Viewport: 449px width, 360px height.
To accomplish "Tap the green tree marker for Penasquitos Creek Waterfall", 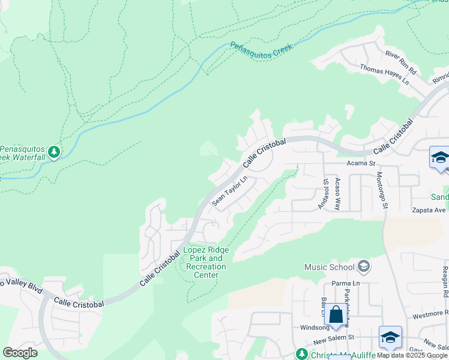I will (54, 152).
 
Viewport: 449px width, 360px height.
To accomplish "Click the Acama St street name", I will (360, 163).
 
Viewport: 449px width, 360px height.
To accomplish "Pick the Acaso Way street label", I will (337, 194).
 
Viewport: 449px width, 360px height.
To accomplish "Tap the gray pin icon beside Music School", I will (363, 266).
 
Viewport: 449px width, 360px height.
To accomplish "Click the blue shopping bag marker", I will (337, 314).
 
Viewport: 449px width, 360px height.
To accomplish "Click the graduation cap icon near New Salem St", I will (390, 338).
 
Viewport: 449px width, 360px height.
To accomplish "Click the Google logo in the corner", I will (20, 352).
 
